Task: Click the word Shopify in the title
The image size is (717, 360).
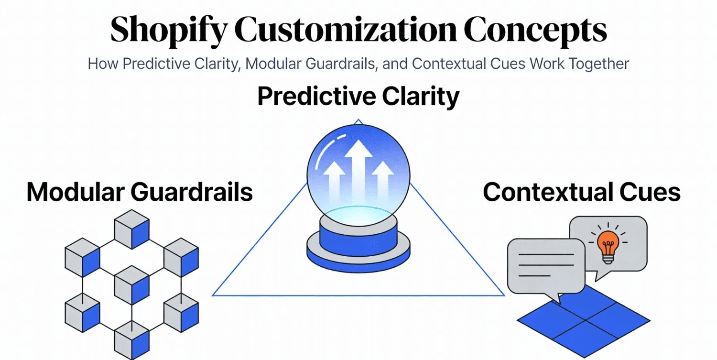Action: pyautogui.click(x=169, y=31)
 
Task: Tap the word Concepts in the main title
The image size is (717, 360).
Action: pyautogui.click(x=535, y=31)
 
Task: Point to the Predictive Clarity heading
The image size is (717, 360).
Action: pyautogui.click(x=358, y=97)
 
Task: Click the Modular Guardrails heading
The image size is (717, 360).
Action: pyautogui.click(x=140, y=192)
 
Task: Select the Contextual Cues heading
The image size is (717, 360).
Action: pyautogui.click(x=582, y=192)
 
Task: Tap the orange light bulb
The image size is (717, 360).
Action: pyautogui.click(x=608, y=247)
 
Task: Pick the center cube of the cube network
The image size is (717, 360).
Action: pyautogui.click(x=132, y=285)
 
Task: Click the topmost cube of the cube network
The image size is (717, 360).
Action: pyautogui.click(x=132, y=229)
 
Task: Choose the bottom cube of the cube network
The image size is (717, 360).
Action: pyautogui.click(x=132, y=340)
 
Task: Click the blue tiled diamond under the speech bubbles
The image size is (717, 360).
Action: pyautogui.click(x=584, y=320)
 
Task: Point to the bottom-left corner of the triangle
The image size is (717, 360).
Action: pyautogui.click(x=212, y=295)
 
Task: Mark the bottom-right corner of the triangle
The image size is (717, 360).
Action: pyautogui.click(x=505, y=295)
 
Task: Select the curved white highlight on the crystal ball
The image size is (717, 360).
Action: pyautogui.click(x=326, y=150)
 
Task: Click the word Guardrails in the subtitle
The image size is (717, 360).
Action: pyautogui.click(x=340, y=64)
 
